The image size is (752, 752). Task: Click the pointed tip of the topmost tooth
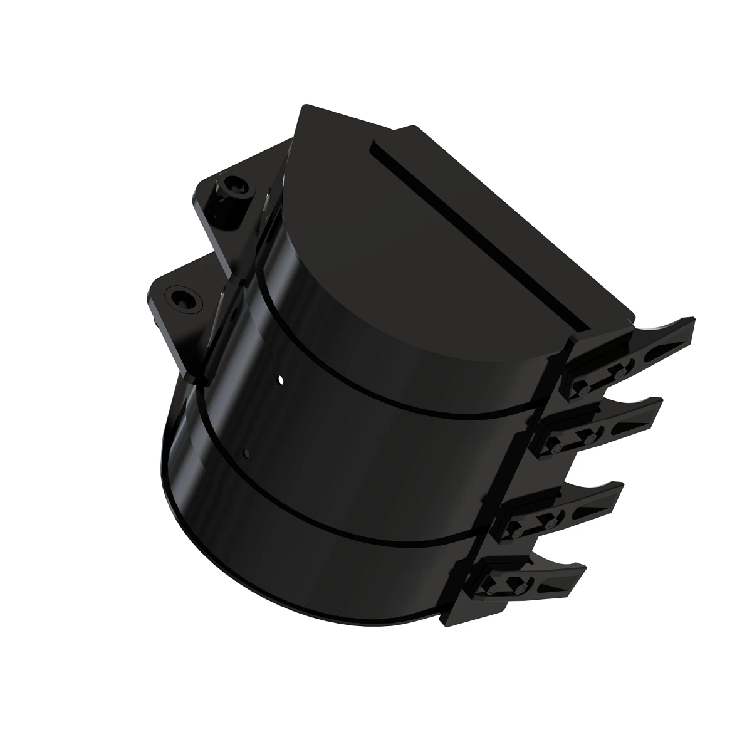pyautogui.click(x=693, y=321)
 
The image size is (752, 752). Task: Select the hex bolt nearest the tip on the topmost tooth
pyautogui.click(x=620, y=373)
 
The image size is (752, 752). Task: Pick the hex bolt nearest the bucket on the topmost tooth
pyautogui.click(x=584, y=390)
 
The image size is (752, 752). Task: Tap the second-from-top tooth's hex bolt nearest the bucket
pyautogui.click(x=555, y=447)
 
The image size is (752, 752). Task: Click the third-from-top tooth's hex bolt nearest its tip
pyautogui.click(x=551, y=522)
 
